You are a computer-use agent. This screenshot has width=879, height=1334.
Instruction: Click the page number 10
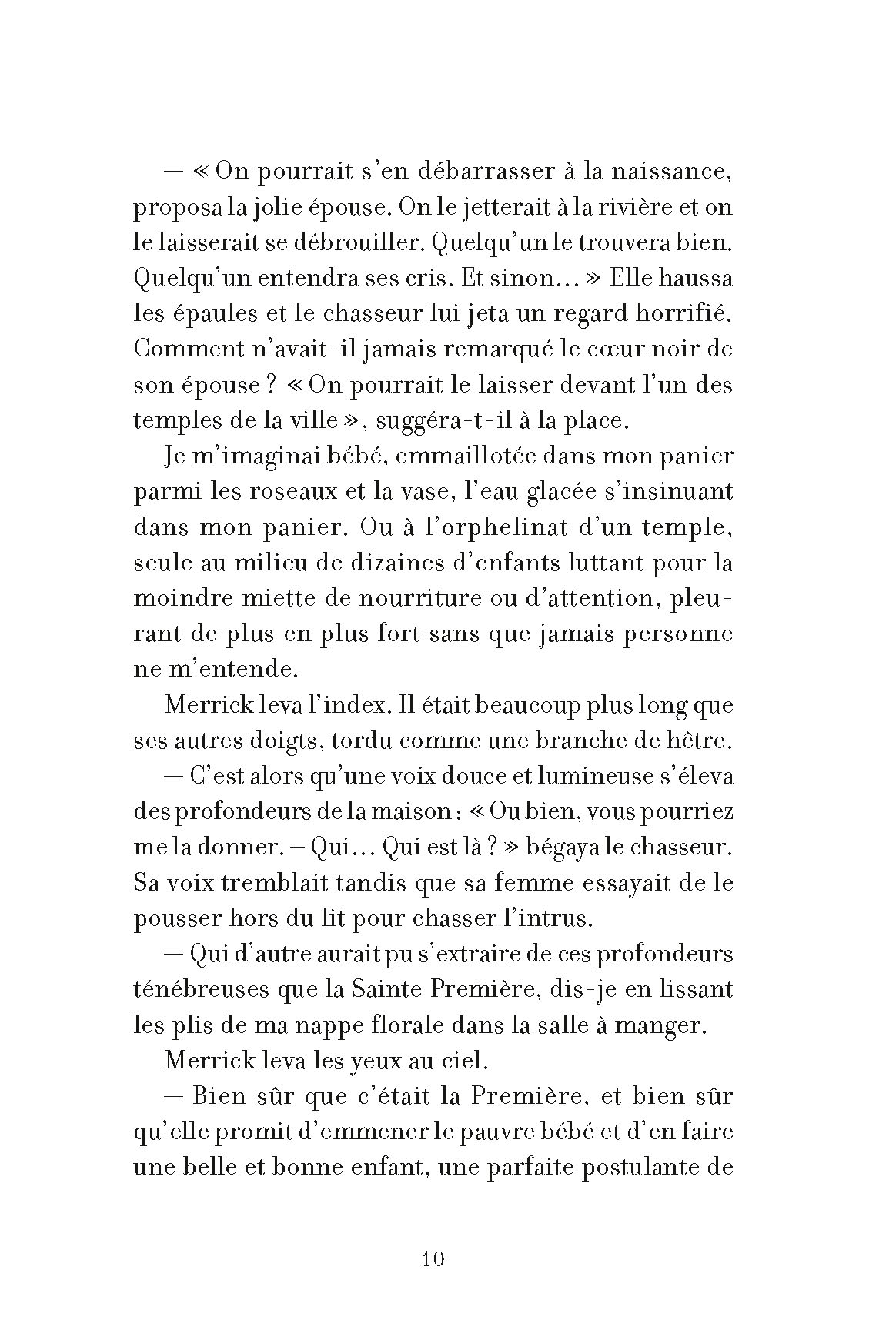click(434, 1260)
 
